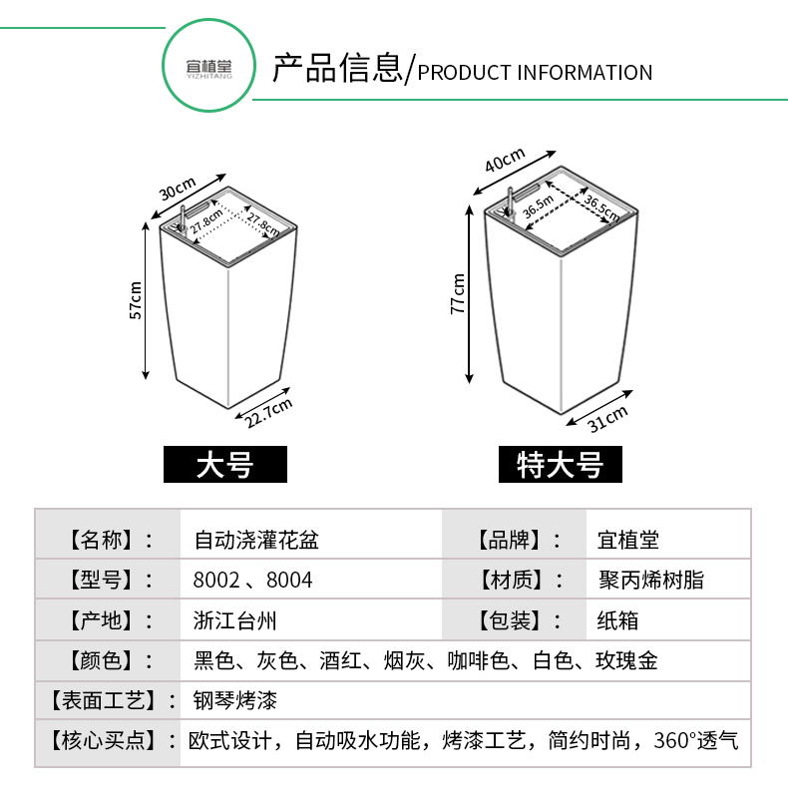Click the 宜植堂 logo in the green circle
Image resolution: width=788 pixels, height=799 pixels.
[209, 69]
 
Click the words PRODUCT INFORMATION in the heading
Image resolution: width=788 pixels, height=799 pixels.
[535, 73]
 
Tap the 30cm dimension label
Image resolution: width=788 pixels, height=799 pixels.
[178, 189]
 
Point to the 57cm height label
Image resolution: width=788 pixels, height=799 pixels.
[136, 300]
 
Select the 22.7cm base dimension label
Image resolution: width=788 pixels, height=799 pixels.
[268, 413]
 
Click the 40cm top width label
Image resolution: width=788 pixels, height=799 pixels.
[504, 160]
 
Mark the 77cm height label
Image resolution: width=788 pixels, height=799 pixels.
[458, 294]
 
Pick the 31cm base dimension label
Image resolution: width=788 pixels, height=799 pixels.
[607, 420]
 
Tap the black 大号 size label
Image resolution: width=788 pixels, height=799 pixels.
[225, 464]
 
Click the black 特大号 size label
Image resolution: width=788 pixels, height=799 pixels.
[561, 464]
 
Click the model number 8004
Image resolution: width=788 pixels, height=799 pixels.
[289, 580]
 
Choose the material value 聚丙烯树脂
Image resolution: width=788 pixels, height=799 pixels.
[651, 580]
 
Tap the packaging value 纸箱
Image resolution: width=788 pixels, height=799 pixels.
[617, 620]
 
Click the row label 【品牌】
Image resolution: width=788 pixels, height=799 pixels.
[509, 540]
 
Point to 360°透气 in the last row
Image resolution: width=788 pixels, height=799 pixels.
[696, 740]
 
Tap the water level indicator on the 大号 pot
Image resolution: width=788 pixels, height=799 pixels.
[182, 219]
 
